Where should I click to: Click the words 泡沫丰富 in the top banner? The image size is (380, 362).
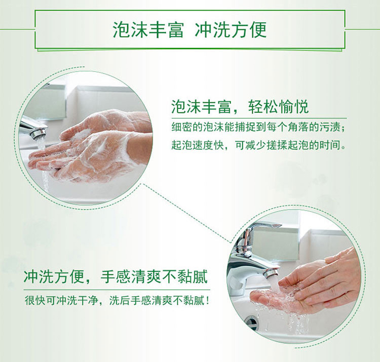click(148, 29)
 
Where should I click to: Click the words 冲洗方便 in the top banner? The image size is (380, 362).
click(231, 29)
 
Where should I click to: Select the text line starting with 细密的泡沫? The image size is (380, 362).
click(258, 127)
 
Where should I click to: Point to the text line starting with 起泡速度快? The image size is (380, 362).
click(258, 145)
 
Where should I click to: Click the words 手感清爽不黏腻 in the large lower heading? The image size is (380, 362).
click(154, 276)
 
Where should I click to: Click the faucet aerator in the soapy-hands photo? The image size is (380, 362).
click(39, 133)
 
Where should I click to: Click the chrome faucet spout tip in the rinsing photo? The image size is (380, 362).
click(272, 273)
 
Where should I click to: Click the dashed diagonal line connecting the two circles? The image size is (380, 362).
click(187, 213)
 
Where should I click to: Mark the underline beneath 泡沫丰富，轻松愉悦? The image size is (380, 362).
click(259, 118)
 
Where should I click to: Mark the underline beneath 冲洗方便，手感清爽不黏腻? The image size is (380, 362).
click(117, 290)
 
